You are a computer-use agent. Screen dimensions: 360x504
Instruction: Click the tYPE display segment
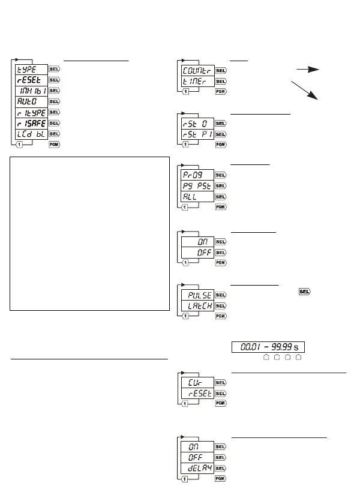pyautogui.click(x=31, y=69)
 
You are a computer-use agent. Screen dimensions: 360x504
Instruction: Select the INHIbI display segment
pyautogui.click(x=31, y=91)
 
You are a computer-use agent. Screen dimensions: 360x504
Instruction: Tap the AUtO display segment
pyautogui.click(x=31, y=101)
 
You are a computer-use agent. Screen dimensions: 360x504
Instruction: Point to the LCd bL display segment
pyautogui.click(x=31, y=134)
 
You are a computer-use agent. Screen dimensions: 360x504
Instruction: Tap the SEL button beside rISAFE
pyautogui.click(x=53, y=123)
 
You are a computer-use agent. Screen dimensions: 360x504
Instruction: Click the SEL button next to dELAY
pyautogui.click(x=220, y=467)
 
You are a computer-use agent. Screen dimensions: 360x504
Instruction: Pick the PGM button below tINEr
pyautogui.click(x=220, y=92)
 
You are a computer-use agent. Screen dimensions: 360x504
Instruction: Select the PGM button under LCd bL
pyautogui.click(x=53, y=145)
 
